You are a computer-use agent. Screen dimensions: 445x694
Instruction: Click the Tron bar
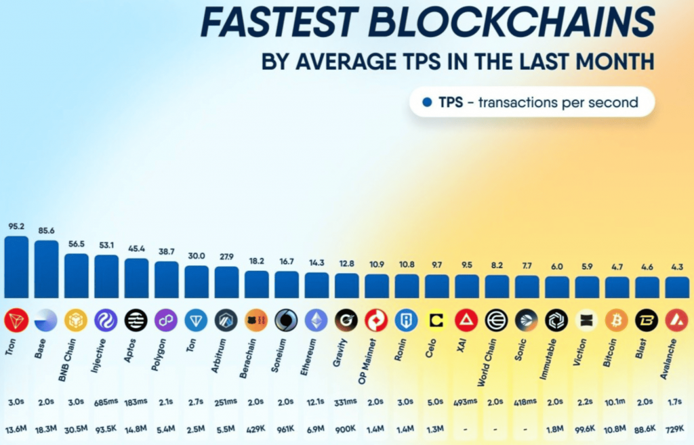[x=16, y=267]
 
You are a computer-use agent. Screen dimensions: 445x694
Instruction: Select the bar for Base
[x=46, y=269]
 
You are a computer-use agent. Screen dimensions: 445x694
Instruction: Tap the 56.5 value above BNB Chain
[x=76, y=245]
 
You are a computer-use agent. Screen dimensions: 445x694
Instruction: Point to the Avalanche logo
[x=676, y=320]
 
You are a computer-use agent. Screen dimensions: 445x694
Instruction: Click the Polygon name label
[x=162, y=352]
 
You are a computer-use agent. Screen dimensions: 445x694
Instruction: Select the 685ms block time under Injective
[x=106, y=401]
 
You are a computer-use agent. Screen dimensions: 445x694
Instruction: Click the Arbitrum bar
[x=226, y=282]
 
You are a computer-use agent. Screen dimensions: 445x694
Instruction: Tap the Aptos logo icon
[x=136, y=320]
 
